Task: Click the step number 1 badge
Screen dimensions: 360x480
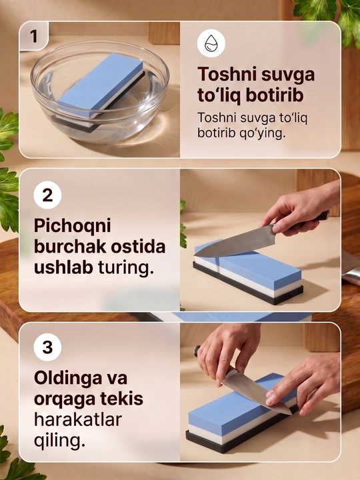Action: click(34, 36)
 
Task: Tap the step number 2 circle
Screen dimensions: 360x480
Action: click(47, 195)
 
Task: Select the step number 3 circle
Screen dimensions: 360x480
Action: click(47, 347)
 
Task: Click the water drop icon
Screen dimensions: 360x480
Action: click(211, 43)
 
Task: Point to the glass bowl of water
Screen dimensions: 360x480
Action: click(100, 91)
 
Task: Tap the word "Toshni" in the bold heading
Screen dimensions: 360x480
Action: click(227, 74)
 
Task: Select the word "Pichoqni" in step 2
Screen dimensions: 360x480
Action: click(72, 227)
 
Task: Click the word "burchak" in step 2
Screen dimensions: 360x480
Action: click(71, 247)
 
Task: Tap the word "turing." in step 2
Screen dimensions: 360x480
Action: click(125, 267)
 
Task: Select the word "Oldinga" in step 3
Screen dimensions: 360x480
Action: click(68, 379)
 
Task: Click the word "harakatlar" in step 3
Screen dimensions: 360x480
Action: click(78, 419)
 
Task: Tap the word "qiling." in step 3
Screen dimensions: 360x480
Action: click(59, 441)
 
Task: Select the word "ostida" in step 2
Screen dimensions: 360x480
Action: click(139, 247)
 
